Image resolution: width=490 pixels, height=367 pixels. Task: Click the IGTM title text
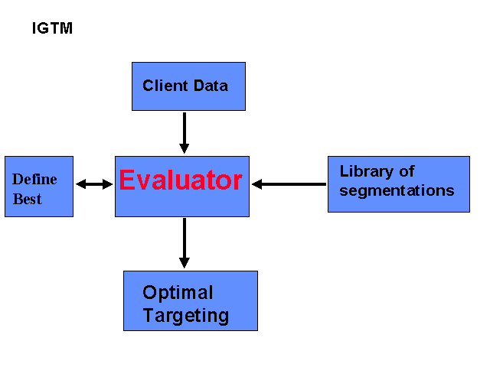52,28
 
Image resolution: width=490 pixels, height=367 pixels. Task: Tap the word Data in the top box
211,86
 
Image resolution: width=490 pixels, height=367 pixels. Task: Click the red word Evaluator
181,180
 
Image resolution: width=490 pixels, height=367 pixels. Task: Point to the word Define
34,179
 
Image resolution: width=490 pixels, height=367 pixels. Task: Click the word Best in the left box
28,199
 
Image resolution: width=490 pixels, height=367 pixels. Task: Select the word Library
367,171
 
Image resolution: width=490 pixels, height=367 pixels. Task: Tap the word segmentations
397,190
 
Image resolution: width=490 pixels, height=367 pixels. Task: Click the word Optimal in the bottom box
178,292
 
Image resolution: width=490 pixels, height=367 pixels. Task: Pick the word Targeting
186,316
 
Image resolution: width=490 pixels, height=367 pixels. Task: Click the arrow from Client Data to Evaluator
185,133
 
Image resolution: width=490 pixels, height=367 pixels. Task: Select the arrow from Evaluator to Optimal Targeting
185,243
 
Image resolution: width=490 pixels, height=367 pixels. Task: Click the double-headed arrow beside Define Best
94,184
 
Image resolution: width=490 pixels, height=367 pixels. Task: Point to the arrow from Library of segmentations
289,184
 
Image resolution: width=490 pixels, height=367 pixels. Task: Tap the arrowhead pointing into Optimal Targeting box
185,263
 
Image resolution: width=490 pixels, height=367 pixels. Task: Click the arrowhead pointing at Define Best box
80,184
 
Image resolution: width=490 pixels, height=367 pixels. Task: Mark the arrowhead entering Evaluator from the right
256,184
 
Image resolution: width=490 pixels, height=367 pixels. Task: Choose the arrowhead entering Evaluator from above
185,148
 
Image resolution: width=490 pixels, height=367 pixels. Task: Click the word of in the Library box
407,171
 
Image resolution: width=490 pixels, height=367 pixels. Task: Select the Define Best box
39,187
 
